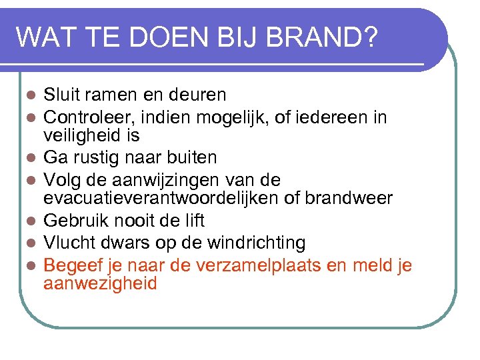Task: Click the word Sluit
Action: click(62, 95)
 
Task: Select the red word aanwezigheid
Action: click(100, 283)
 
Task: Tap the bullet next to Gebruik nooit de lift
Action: click(31, 221)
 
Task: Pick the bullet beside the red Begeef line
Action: click(31, 266)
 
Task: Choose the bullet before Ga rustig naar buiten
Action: click(31, 159)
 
